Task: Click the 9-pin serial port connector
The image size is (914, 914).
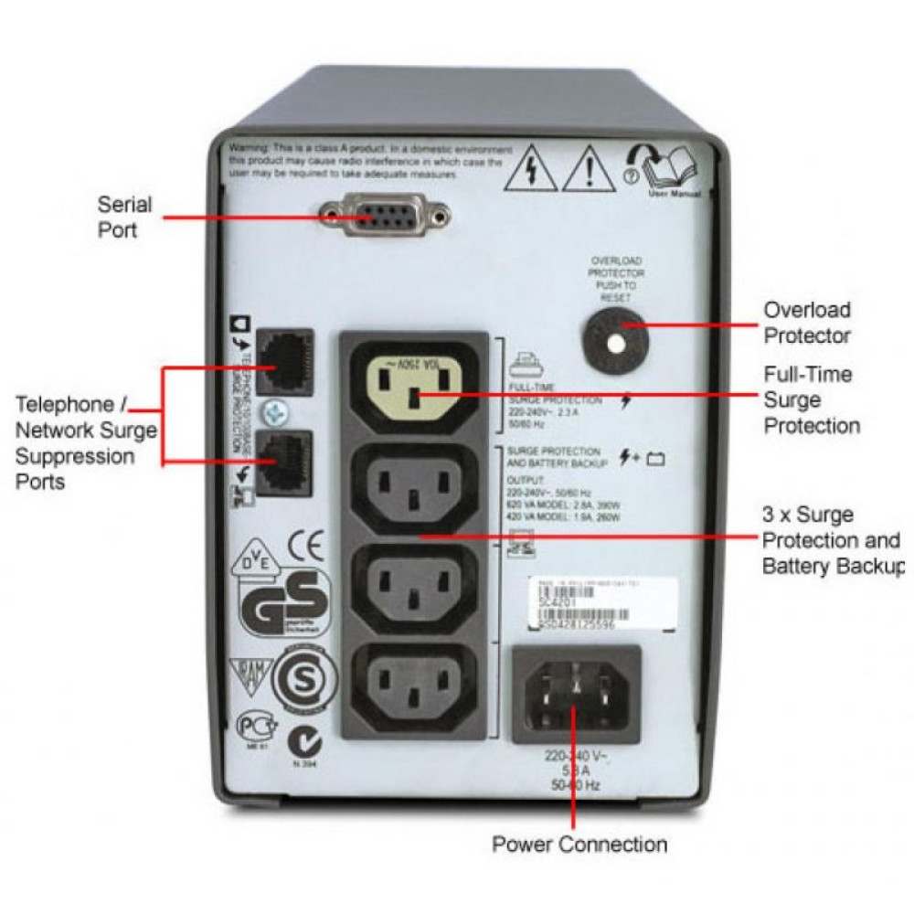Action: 385,218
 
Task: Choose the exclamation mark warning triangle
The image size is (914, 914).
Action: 587,171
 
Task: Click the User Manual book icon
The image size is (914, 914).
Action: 672,168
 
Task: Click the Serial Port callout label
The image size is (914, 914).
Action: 125,217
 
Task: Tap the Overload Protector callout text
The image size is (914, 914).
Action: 807,323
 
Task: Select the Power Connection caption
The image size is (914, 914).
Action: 579,843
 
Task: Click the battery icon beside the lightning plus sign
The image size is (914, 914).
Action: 654,460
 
